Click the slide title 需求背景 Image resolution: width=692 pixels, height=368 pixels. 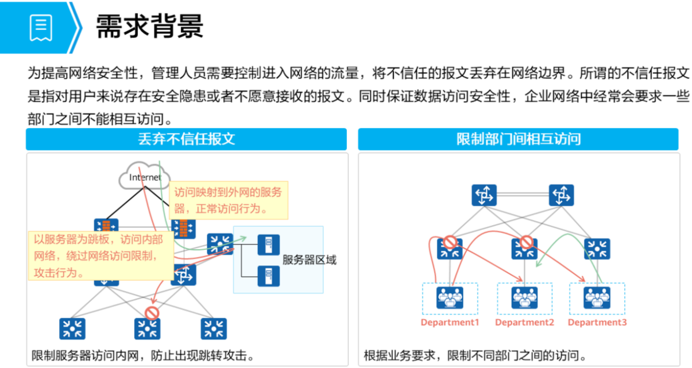(149, 26)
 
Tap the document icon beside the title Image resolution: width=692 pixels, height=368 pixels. (41, 27)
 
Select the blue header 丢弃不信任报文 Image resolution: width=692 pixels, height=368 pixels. (186, 139)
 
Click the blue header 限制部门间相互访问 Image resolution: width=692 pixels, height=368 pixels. (518, 139)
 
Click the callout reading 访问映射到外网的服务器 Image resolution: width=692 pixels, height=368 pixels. (228, 200)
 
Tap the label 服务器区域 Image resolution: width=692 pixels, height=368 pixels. (309, 259)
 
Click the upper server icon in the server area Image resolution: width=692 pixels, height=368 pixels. (265, 245)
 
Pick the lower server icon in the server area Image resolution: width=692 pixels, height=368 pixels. (265, 276)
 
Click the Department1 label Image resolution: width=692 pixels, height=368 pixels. (450, 323)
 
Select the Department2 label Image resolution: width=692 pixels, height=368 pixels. (524, 323)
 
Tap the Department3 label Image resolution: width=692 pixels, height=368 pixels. (597, 323)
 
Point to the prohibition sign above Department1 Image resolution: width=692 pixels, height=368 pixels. (450, 242)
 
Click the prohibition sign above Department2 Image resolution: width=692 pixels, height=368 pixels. (525, 242)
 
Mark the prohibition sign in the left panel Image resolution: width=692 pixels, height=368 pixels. (152, 313)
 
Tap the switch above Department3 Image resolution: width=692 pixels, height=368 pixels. (597, 249)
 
